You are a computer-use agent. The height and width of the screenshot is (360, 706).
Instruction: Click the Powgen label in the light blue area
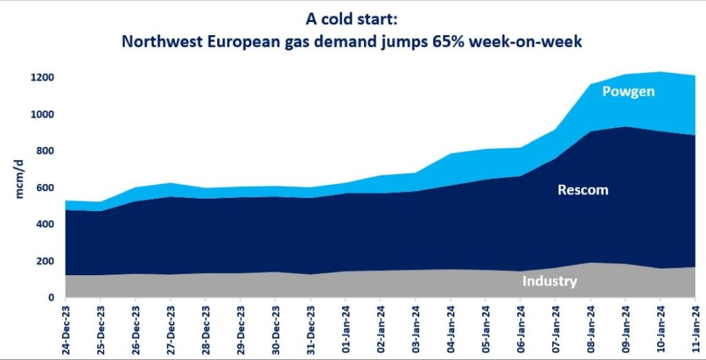[628, 91]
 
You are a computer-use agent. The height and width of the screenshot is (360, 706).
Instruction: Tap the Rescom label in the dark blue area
[583, 190]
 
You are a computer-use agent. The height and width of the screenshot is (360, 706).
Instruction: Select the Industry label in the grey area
[549, 281]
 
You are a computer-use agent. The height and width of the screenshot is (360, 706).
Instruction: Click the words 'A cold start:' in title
[352, 21]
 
